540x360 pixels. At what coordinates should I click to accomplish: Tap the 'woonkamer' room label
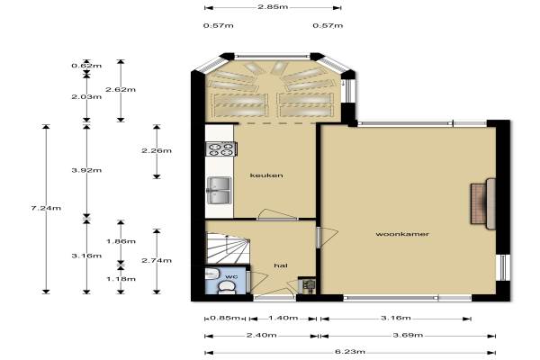(x=402, y=234)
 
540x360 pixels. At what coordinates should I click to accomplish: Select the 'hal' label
(x=281, y=265)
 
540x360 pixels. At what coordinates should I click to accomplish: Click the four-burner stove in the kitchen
(x=220, y=149)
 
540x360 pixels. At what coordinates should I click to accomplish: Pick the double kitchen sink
(x=219, y=191)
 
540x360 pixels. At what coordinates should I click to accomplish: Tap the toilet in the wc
(x=226, y=287)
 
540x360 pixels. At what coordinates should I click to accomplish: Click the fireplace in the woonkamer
(x=483, y=203)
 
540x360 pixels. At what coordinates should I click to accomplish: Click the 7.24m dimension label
(x=46, y=208)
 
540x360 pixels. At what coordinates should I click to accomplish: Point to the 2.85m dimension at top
(x=273, y=7)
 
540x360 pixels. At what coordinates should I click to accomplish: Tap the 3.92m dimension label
(x=86, y=170)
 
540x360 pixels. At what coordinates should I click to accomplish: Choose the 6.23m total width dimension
(x=350, y=352)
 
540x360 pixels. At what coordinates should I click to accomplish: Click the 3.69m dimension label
(x=408, y=335)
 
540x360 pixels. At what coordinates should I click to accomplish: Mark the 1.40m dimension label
(x=283, y=318)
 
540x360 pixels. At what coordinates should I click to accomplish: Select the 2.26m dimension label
(x=157, y=151)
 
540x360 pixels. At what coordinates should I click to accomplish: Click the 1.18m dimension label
(x=121, y=279)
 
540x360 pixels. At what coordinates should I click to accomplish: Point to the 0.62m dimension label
(x=86, y=66)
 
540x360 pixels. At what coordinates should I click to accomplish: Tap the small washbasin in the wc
(x=211, y=274)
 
